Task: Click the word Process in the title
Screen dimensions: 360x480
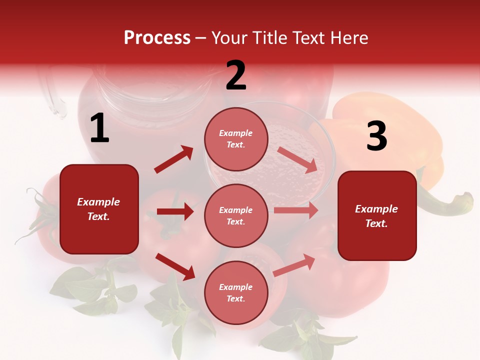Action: click(157, 37)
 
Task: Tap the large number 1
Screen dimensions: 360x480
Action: click(99, 128)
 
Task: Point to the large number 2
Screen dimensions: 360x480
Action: click(236, 75)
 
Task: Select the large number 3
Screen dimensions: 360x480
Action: click(376, 136)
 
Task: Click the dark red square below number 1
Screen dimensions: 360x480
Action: click(99, 209)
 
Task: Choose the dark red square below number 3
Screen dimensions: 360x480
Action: click(377, 215)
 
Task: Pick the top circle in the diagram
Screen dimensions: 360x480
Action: click(236, 138)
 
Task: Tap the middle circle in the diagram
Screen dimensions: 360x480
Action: click(236, 215)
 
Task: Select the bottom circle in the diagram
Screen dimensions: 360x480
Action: click(236, 292)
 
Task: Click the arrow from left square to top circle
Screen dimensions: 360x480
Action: click(174, 159)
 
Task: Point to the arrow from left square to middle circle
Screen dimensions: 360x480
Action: click(174, 211)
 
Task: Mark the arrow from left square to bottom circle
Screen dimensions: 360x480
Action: click(175, 266)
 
